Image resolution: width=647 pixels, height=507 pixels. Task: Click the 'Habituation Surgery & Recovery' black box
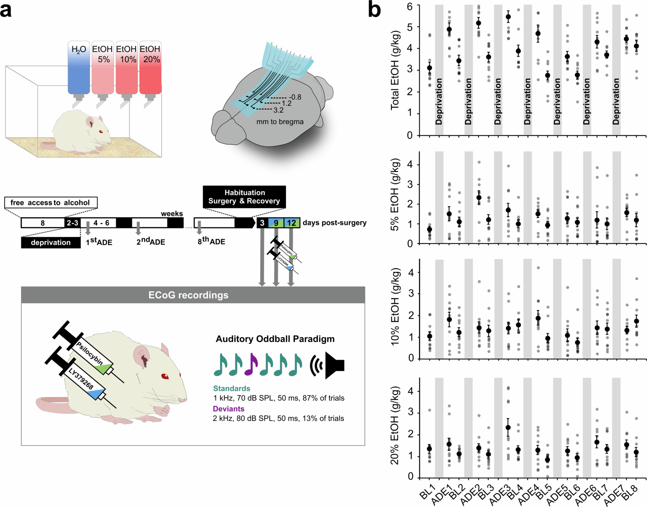244,197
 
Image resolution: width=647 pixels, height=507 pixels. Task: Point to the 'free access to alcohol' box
51,203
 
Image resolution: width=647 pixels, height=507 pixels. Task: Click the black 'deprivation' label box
51,242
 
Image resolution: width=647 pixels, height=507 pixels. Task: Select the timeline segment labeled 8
43,223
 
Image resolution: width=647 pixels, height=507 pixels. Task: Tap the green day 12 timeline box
292,223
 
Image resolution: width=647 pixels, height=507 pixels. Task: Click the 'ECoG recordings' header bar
193,295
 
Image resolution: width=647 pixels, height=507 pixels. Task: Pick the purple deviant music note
251,364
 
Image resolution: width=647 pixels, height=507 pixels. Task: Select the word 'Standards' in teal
231,388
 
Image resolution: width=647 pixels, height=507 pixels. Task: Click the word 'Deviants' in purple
228,409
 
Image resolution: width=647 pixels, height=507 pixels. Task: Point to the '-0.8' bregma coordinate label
295,97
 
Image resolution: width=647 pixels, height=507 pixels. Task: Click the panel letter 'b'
374,10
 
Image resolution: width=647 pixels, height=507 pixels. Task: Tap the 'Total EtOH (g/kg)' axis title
395,70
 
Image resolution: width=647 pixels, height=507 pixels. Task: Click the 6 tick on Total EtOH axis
410,6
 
